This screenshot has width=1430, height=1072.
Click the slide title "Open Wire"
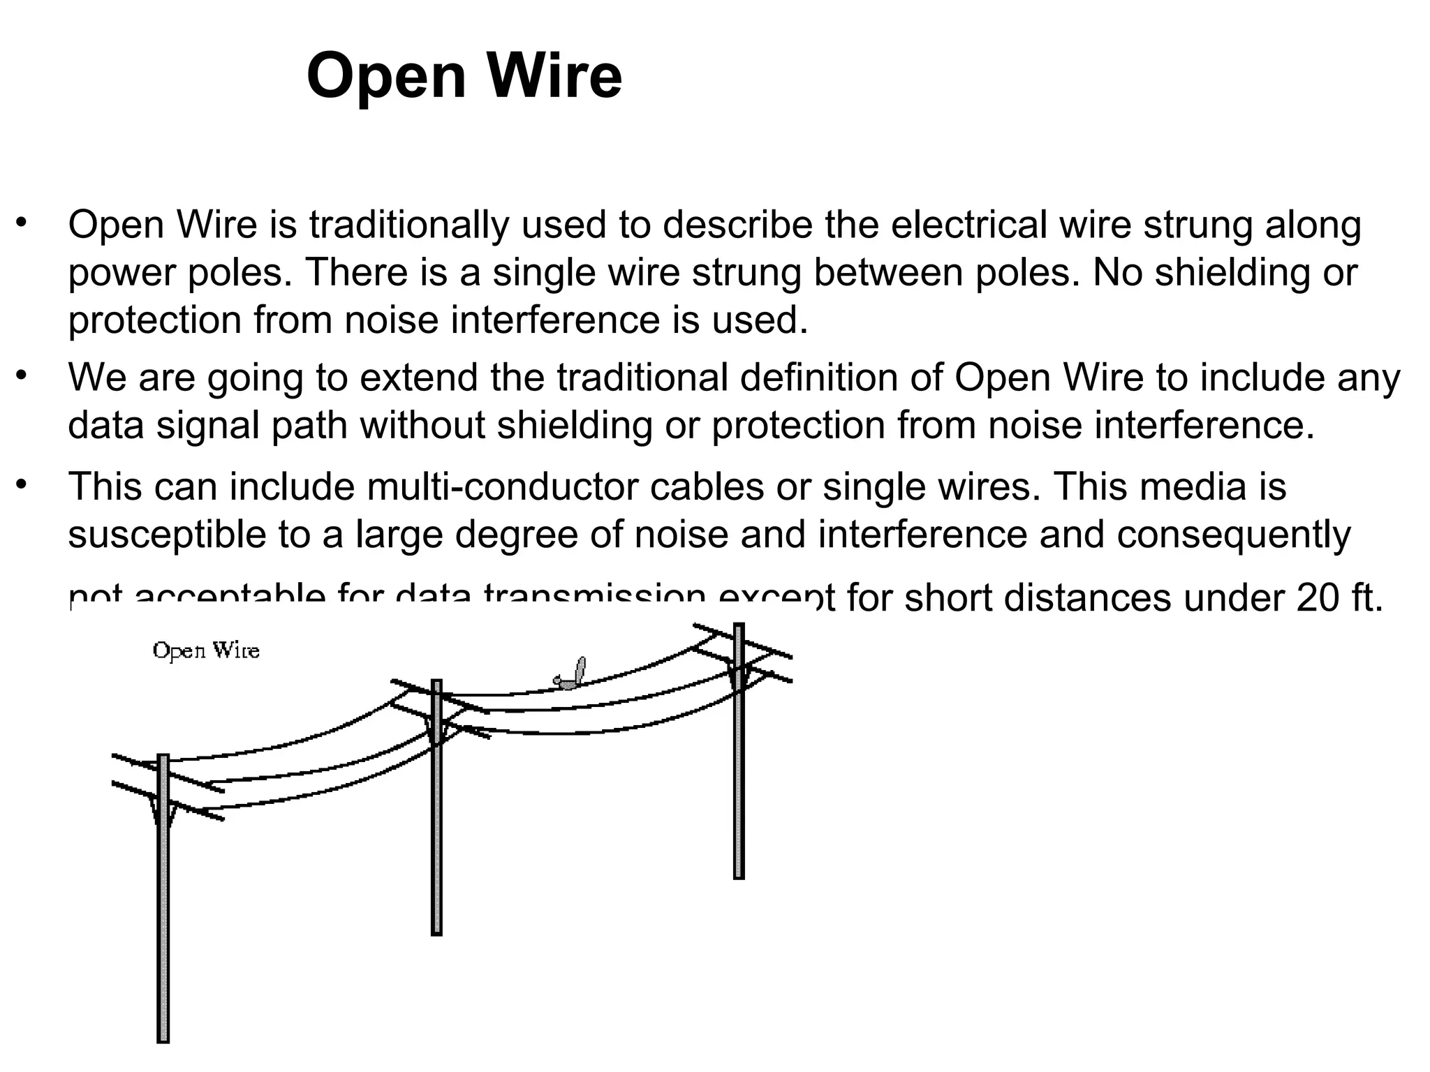(464, 76)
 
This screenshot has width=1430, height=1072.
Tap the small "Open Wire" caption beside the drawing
(206, 651)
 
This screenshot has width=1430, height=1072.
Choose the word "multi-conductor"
(502, 486)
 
